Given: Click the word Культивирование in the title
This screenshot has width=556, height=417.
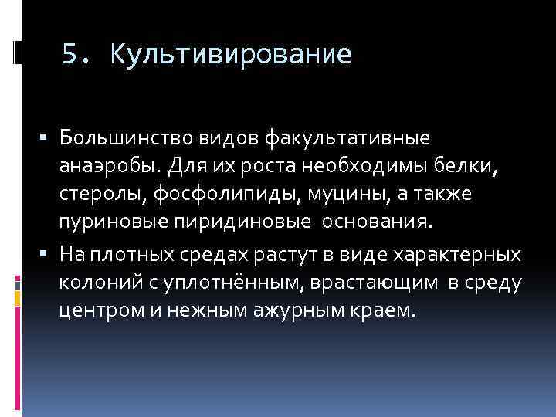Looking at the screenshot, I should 231,55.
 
